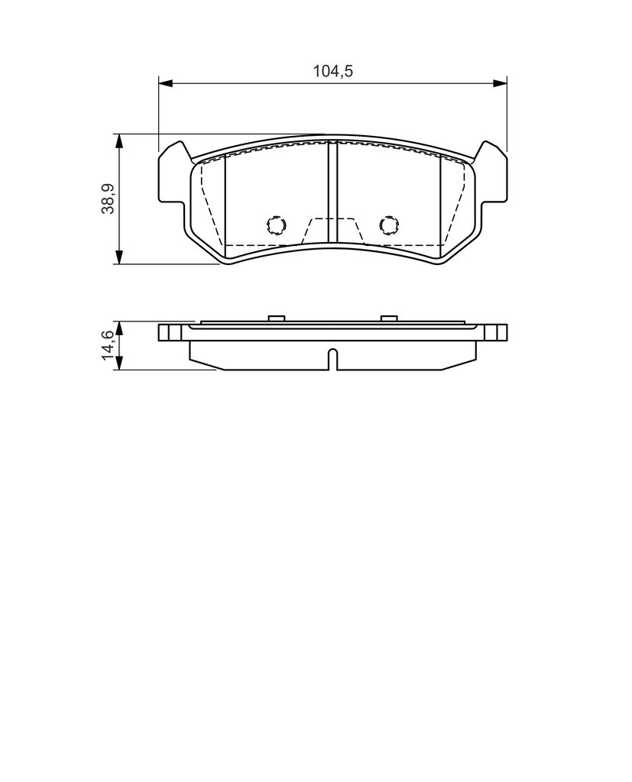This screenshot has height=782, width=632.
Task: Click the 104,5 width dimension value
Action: click(x=333, y=71)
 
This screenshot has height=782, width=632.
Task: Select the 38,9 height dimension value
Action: click(x=109, y=199)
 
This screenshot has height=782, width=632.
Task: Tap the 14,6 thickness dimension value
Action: click(x=109, y=344)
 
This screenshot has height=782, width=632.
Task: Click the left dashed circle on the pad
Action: click(x=276, y=225)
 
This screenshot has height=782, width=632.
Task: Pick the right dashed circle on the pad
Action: click(x=390, y=225)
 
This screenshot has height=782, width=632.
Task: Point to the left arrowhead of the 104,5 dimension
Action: click(x=165, y=82)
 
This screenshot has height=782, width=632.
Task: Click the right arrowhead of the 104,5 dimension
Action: click(x=500, y=82)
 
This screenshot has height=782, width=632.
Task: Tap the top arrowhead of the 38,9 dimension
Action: click(x=118, y=141)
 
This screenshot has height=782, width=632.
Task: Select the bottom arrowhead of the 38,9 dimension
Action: click(x=118, y=257)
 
